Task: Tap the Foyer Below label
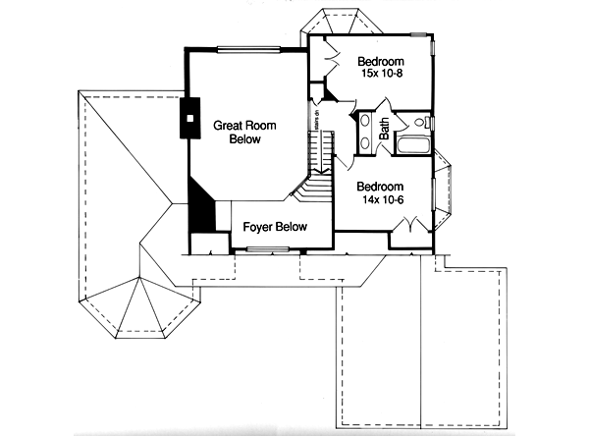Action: [x=276, y=227]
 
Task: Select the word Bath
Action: [x=386, y=128]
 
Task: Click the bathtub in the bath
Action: [x=412, y=148]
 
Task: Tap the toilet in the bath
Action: [x=421, y=124]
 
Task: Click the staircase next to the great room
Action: [x=316, y=162]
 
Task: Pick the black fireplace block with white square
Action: [x=189, y=119]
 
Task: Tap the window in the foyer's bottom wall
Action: [x=267, y=250]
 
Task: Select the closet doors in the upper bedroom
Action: [x=325, y=59]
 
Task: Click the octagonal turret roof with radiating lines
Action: [x=135, y=305]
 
